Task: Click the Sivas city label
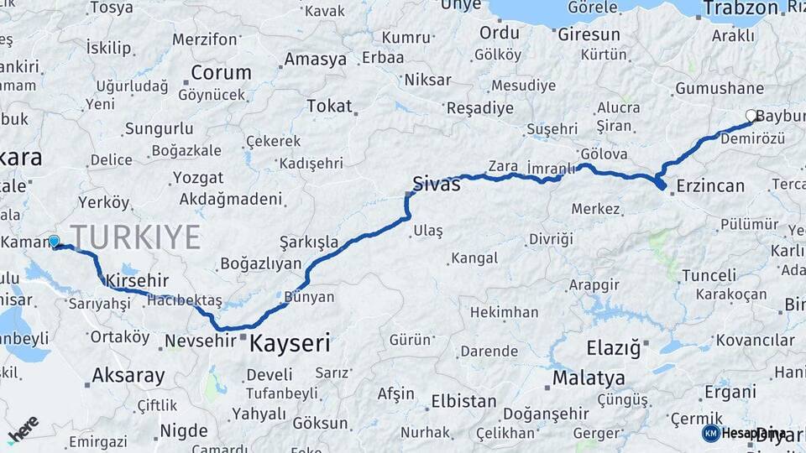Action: coord(436,184)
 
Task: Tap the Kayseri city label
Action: coord(288,343)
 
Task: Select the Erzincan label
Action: coord(709,185)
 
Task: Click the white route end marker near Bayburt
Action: coord(751,116)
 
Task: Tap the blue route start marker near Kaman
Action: coord(54,242)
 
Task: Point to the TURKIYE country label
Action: coord(135,237)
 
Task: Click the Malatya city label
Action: coord(588,378)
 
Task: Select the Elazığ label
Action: coord(613,346)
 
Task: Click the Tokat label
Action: coord(329,106)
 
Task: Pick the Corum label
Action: coord(220,72)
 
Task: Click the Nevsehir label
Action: coord(198,341)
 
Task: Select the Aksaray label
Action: coord(128,375)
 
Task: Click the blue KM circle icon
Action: coord(710,433)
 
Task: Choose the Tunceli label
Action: coord(709,275)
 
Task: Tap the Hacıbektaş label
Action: coord(184,300)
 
